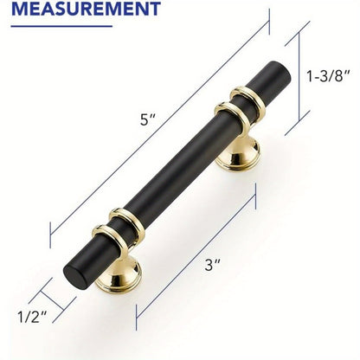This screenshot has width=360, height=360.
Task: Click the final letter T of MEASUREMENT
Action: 153,10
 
